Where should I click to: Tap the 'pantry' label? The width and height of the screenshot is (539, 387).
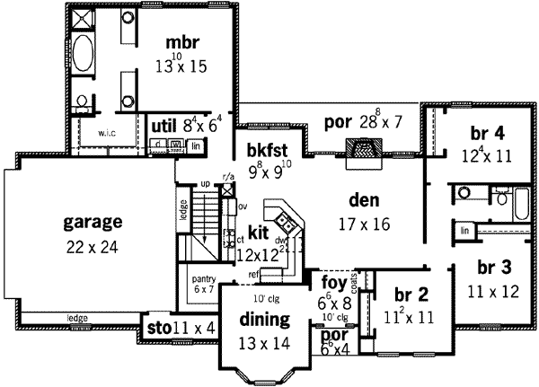(201, 279)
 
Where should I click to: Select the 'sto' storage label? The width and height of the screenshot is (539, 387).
(156, 329)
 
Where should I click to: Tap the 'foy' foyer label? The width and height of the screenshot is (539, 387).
(334, 284)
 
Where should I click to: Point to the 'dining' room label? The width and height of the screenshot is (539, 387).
(263, 321)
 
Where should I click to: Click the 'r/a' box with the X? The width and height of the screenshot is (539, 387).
(228, 189)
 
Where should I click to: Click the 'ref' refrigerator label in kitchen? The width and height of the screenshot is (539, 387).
(255, 275)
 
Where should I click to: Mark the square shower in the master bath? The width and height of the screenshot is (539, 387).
(84, 18)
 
